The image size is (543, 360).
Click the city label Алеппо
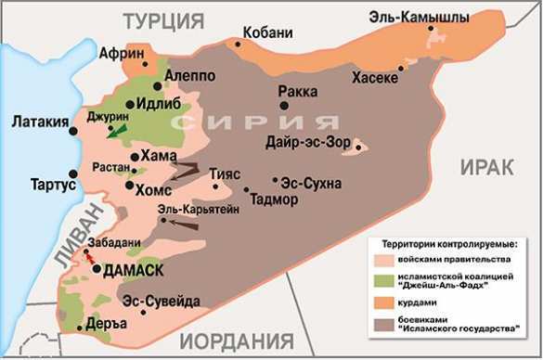coord(191,75)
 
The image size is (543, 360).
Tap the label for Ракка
coord(297,92)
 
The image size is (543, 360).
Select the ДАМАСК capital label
coord(134,270)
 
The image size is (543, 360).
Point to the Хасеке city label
coord(375,80)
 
